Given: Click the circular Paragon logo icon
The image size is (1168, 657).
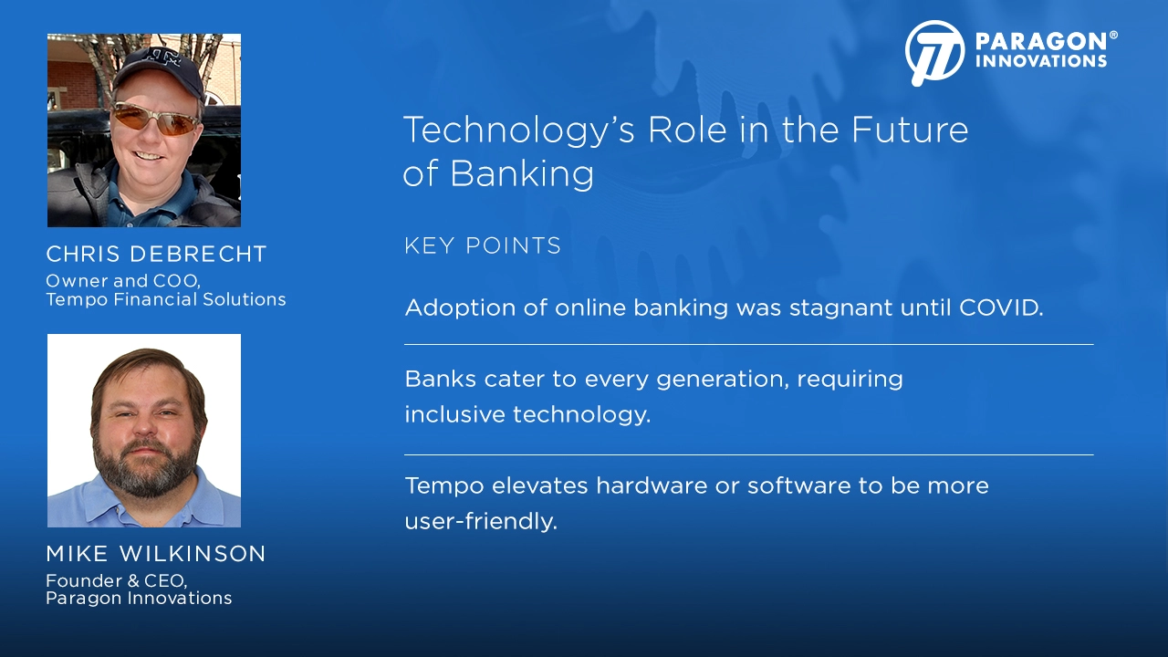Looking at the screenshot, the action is (935, 53).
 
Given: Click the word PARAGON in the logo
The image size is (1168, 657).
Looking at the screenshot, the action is (1041, 41).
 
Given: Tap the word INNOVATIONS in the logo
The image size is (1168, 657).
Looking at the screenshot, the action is (1041, 61).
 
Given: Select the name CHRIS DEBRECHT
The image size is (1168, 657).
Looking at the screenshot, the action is (156, 254).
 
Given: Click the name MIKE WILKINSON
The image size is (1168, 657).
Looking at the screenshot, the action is (156, 554).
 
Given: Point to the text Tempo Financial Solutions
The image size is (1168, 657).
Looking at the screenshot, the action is (166, 299).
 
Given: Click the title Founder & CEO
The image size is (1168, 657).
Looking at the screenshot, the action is (116, 581).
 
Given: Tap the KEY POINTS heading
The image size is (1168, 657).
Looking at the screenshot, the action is (483, 245).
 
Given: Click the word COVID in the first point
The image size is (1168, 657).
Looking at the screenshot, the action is (1001, 308).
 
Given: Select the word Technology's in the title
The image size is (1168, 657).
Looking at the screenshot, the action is (519, 130).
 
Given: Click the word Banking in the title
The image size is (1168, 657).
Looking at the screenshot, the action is (521, 174).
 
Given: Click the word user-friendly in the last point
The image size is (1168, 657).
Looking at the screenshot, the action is (481, 521).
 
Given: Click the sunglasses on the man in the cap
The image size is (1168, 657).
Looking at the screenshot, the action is (156, 120).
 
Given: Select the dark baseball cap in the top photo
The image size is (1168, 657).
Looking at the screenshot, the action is (158, 73).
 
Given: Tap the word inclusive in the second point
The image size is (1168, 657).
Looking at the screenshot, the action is (454, 414).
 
